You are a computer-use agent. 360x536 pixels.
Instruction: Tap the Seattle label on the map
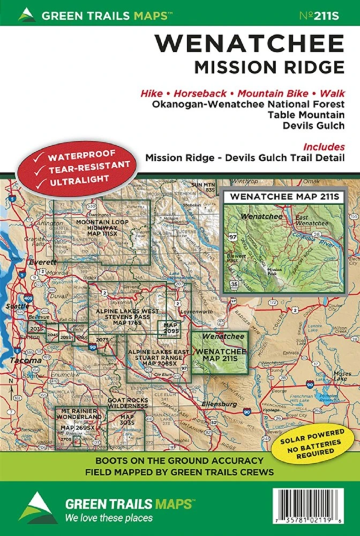click(x=16, y=306)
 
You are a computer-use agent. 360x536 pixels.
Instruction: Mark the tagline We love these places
click(x=109, y=518)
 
